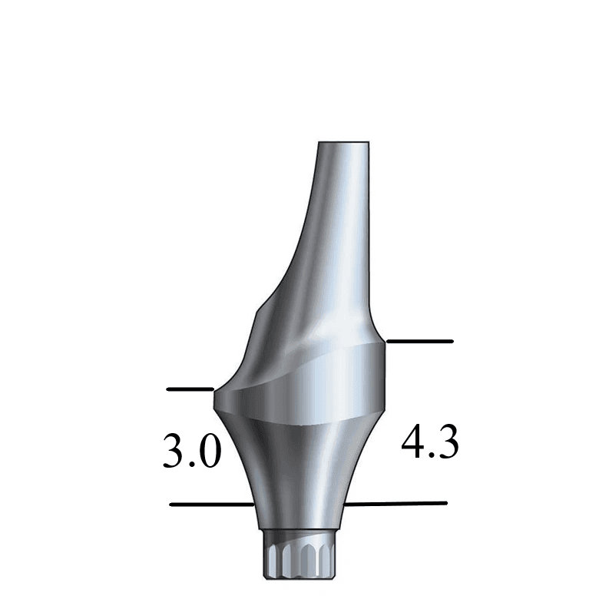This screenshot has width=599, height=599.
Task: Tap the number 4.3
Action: pyautogui.click(x=431, y=443)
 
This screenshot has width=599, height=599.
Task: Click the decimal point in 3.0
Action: pyautogui.click(x=192, y=465)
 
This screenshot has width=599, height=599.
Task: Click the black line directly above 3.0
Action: pyautogui.click(x=190, y=389)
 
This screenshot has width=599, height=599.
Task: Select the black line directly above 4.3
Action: pyautogui.click(x=420, y=340)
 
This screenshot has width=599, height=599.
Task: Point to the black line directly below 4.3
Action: pyautogui.click(x=396, y=504)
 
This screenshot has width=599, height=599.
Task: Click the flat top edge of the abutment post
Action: pyautogui.click(x=344, y=144)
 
